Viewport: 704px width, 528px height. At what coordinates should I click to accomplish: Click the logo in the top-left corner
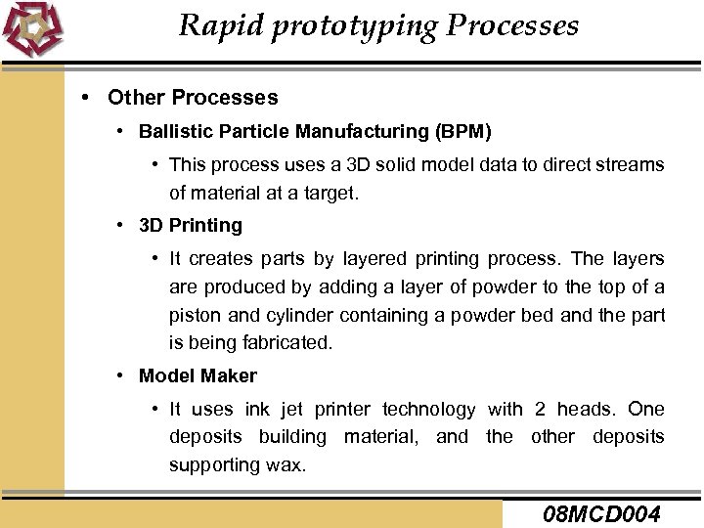pos(32,29)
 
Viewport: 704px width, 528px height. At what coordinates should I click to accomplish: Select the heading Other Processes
pos(193,98)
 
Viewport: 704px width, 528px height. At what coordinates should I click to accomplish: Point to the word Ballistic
pos(173,130)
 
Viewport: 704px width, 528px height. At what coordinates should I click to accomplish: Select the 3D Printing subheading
pos(191,225)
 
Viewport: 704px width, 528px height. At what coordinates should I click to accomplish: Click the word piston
pos(197,316)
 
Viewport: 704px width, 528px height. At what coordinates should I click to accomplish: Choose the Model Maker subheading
pos(198,375)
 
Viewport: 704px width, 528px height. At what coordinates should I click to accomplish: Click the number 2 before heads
pos(541,409)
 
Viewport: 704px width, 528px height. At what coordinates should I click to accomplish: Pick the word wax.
pos(290,465)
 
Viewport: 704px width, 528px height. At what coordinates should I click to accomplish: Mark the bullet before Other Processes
pos(88,98)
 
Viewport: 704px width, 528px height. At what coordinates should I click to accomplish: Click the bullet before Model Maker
pos(118,375)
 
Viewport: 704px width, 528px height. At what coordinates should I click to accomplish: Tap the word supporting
pos(211,465)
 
